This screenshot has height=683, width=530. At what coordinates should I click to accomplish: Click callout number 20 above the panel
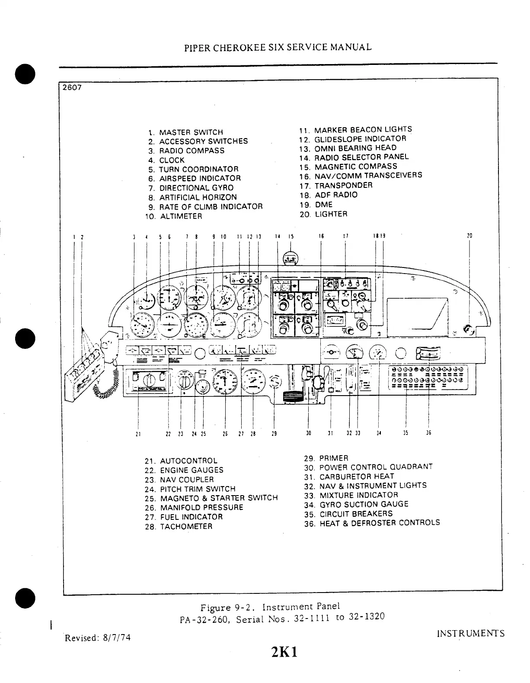(469, 236)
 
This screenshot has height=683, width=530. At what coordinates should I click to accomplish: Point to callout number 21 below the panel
(138, 433)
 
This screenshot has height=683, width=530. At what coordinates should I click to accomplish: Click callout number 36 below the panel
(428, 432)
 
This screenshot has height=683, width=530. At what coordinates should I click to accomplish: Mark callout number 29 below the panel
(274, 433)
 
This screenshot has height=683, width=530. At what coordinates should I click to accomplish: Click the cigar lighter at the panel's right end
(468, 330)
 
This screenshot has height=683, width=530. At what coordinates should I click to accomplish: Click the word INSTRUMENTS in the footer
(470, 634)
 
